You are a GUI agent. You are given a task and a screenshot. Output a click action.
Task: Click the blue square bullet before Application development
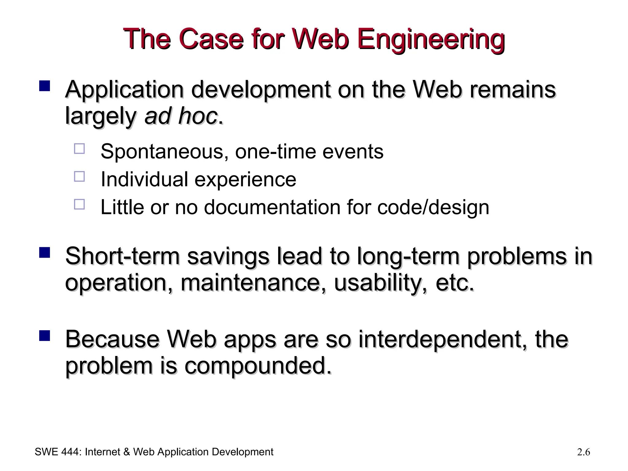tap(44, 86)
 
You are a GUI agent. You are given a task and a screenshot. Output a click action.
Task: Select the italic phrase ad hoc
tap(181, 117)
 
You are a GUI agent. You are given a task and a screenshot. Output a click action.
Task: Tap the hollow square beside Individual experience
tap(79, 177)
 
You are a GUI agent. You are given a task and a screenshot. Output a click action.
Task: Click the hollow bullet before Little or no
tap(79, 204)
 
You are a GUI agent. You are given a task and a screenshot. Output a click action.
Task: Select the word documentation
tap(272, 207)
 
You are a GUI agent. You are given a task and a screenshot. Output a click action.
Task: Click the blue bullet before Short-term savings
tap(44, 253)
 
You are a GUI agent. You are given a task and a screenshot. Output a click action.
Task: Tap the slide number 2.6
tap(583, 452)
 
